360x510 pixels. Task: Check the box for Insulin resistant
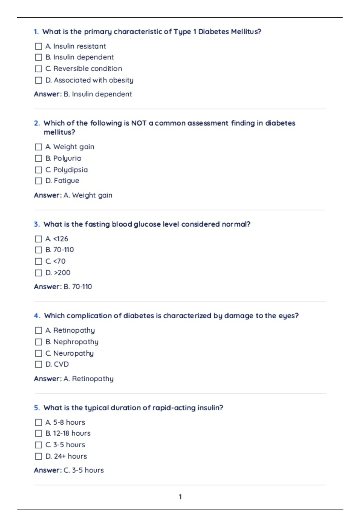(38, 46)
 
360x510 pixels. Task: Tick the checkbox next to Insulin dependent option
(38, 57)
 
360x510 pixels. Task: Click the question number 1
(36, 32)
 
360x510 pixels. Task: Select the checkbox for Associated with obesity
(38, 80)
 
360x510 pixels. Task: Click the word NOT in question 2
(139, 123)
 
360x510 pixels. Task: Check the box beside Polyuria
(38, 158)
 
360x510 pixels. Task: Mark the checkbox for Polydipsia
(38, 170)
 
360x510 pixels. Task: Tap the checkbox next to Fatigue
(38, 181)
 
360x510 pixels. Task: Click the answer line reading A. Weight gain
(73, 195)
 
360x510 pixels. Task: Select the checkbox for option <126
(38, 239)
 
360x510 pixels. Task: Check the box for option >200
(38, 273)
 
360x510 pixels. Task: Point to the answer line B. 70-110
(63, 287)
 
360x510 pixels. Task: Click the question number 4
(37, 316)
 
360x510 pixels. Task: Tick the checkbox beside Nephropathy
(38, 342)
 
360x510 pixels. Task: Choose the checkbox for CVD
(38, 364)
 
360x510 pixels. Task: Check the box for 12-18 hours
(38, 433)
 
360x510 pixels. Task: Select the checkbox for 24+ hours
(38, 456)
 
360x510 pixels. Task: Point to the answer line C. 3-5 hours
(69, 470)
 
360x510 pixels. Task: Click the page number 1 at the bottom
(180, 497)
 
